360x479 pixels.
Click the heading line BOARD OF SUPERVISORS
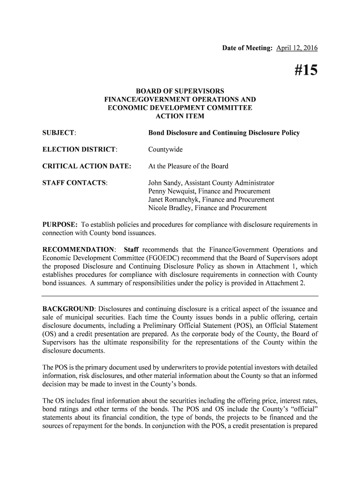(x=180, y=91)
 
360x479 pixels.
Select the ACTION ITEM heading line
(x=180, y=116)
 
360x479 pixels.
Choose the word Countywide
(x=166, y=150)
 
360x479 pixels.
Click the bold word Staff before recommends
(x=131, y=249)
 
